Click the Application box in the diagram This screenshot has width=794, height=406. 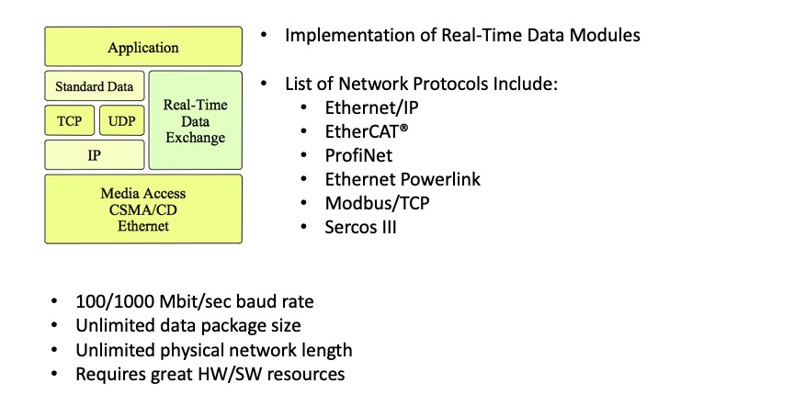coord(143,47)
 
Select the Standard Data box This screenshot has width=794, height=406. coord(94,86)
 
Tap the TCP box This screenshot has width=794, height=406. coord(69,120)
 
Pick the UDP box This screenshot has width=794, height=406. coord(122,120)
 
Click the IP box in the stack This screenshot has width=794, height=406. coord(94,155)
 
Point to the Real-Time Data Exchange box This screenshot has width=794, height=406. coord(196,120)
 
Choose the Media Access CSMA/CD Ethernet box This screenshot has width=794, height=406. coord(143,209)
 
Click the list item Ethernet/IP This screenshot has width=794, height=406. coord(371,107)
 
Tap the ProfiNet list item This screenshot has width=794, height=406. coord(358,155)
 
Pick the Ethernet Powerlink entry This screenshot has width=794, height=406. coord(403,179)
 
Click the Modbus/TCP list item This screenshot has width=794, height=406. coord(378,203)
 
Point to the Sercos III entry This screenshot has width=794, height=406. coord(360,227)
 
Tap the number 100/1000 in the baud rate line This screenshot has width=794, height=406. coord(115,301)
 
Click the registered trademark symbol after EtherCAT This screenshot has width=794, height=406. coord(403,128)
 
